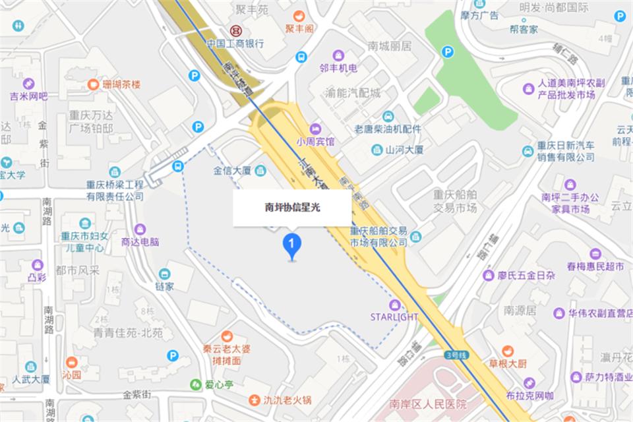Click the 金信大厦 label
(232, 171)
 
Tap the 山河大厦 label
(404, 150)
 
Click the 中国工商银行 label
(235, 44)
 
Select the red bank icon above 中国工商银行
(235, 30)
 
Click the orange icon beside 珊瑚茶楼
(93, 84)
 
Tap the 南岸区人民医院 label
(428, 404)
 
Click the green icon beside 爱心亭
(195, 384)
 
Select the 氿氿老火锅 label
(288, 400)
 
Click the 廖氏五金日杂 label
(527, 275)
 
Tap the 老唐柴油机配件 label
(388, 129)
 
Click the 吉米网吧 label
(29, 96)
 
